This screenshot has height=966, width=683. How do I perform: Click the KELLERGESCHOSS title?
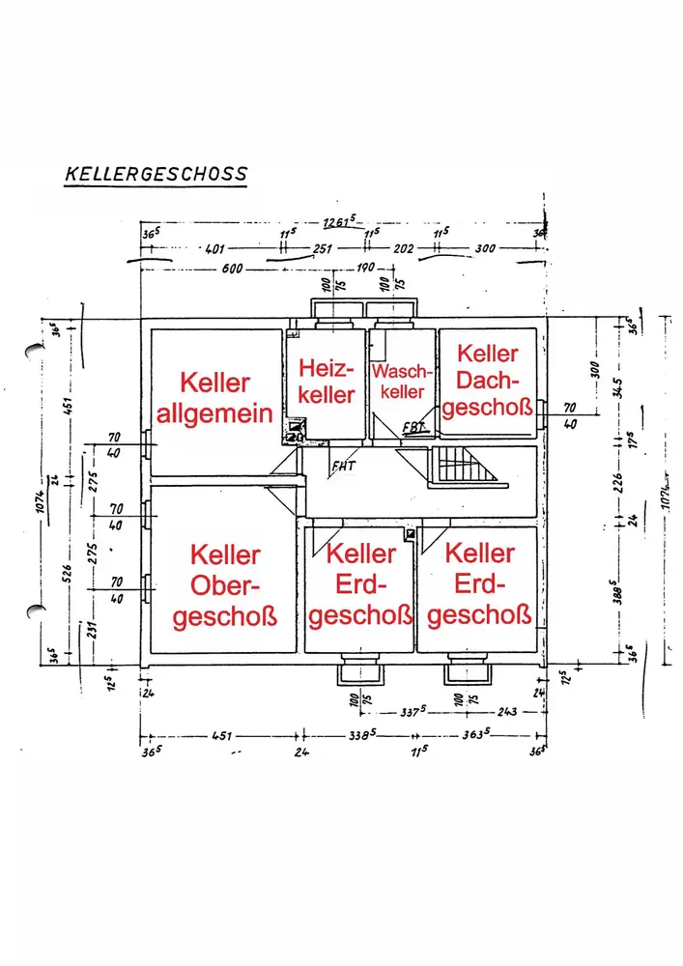tap(156, 175)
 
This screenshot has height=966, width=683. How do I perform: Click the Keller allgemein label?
tap(214, 398)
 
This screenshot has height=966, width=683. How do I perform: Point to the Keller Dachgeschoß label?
tap(488, 380)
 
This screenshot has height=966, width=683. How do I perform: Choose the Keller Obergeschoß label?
tap(225, 585)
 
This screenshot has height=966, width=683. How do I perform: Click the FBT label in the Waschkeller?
tap(413, 426)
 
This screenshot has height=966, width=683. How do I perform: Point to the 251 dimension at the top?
tap(322, 248)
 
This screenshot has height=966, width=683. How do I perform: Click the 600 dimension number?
tap(232, 269)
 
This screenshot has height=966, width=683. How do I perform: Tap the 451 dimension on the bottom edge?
tap(223, 737)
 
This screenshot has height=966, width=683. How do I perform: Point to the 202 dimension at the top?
tap(404, 248)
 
